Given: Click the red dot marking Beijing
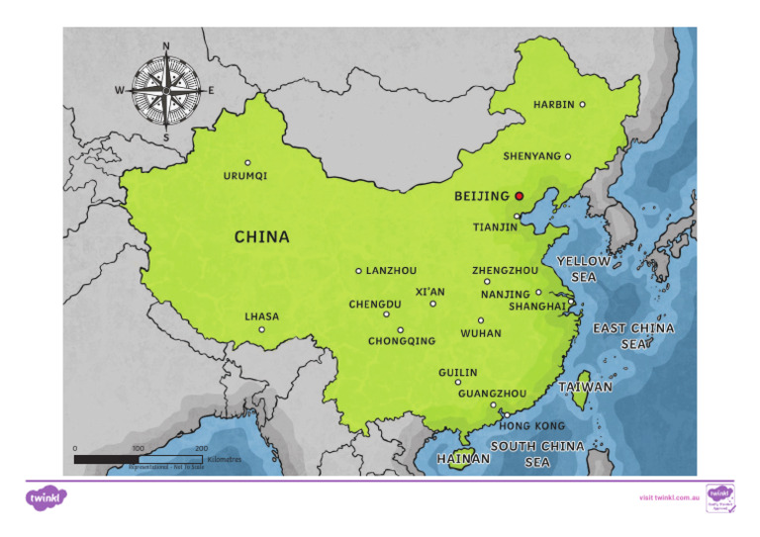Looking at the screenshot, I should [520, 197].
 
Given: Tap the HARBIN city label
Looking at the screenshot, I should [553, 105].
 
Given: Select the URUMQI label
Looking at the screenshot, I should [244, 176].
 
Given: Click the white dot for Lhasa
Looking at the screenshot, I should [262, 330].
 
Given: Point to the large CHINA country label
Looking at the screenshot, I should [261, 237].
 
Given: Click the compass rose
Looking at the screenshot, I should [166, 90].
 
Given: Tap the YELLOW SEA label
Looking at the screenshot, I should [583, 269].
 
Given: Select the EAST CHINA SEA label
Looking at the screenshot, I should [633, 335].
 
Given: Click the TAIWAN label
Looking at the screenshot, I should [585, 387].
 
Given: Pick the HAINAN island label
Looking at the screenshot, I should [463, 459].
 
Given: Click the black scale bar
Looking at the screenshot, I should [138, 460].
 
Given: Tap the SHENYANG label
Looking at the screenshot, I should [531, 156].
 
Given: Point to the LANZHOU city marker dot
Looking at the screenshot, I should [358, 270].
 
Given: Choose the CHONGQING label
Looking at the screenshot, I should [401, 341].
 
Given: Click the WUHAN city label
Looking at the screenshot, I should [481, 333].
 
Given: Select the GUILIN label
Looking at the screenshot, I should [457, 373].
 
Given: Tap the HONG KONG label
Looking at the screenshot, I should [531, 426].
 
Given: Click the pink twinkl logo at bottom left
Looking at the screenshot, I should [46, 498].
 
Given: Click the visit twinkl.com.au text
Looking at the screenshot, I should [670, 497].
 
